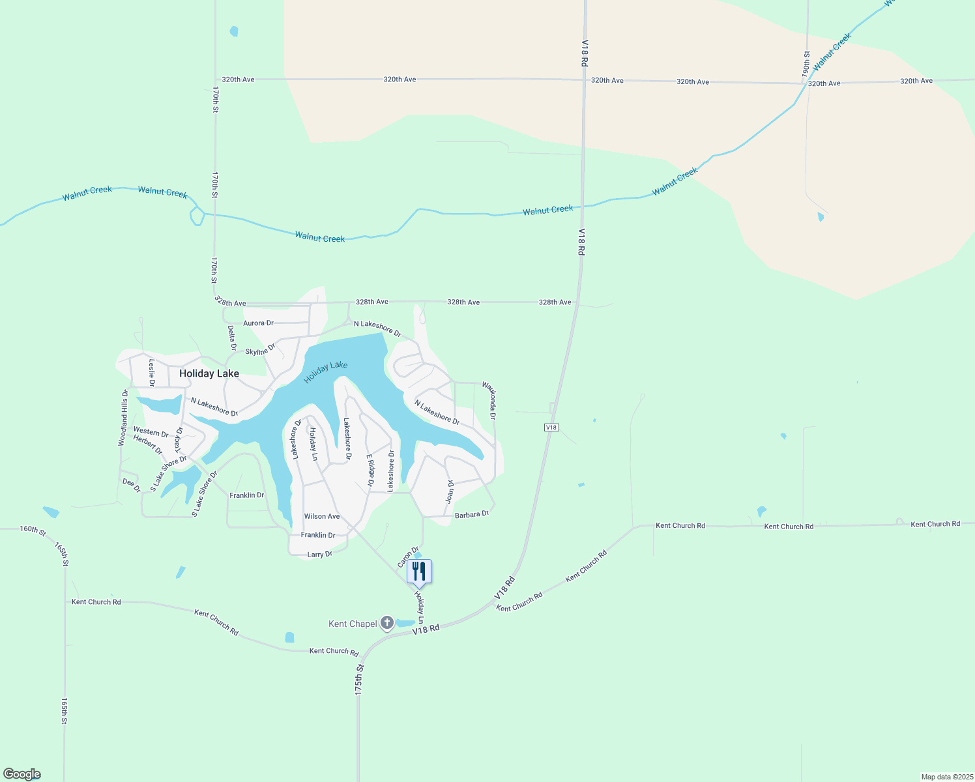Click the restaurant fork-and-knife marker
[419, 572]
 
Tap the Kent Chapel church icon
[387, 624]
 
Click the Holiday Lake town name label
[209, 373]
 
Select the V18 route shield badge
[551, 427]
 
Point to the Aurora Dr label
[258, 323]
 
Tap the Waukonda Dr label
[489, 401]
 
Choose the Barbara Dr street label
[472, 515]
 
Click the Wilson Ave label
[322, 516]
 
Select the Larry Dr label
[319, 555]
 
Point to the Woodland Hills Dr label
[123, 418]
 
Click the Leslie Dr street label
[152, 372]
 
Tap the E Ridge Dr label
[370, 471]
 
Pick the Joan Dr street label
[450, 491]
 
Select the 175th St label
[358, 680]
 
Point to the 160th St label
[33, 530]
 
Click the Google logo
[22, 774]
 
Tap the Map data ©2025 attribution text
[947, 777]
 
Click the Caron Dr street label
[408, 557]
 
